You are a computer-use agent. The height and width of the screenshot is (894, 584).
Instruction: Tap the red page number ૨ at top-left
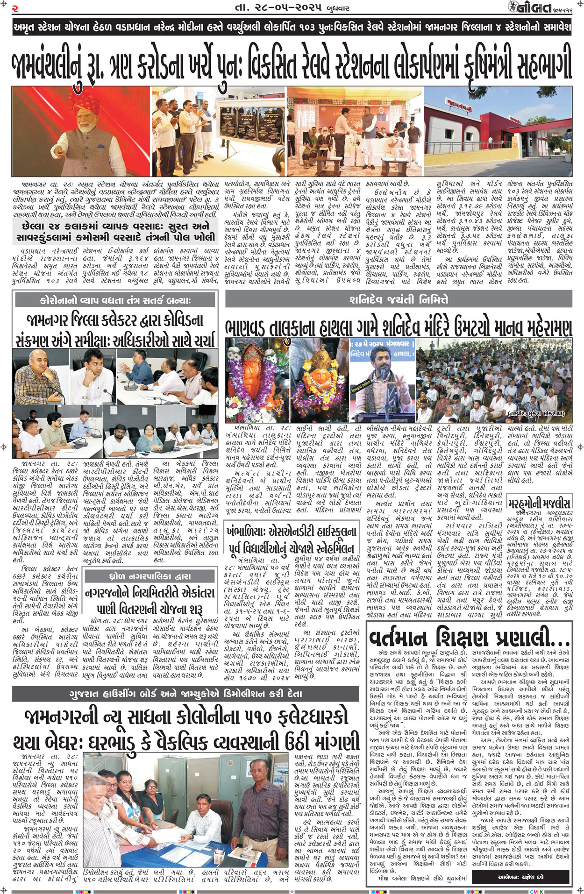click(x=15, y=8)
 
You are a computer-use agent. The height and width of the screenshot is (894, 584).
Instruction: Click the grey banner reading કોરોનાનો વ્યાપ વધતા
click(x=115, y=300)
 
